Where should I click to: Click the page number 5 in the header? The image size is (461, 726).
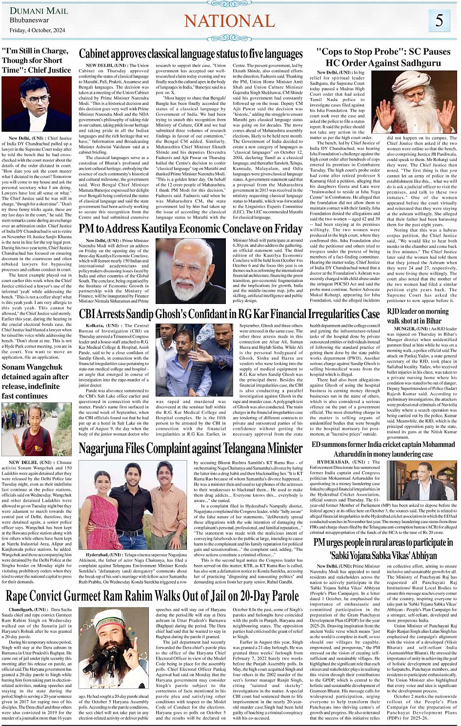440,20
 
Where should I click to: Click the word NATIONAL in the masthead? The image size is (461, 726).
229,21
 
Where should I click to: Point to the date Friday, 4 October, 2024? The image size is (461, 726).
38,30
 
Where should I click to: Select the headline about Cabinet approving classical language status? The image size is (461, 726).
191,54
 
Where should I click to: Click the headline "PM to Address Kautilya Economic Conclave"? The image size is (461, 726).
191,228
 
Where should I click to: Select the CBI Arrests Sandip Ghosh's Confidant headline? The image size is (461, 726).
229,314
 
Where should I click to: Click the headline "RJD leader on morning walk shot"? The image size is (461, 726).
418,316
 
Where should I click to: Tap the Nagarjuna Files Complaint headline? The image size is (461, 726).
191,448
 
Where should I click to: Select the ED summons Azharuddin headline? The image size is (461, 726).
383,449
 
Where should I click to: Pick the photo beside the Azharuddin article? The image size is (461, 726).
421,481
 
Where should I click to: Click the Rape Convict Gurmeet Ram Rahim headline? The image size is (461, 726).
152,596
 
